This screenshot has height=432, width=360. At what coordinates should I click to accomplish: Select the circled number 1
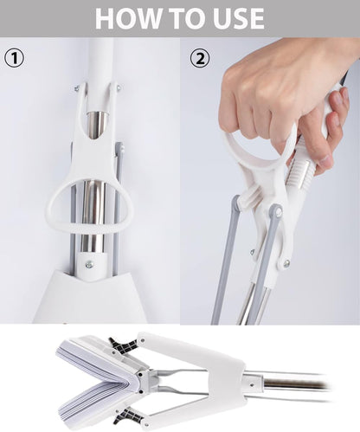coord(15,58)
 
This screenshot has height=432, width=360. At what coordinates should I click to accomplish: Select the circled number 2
coord(200,58)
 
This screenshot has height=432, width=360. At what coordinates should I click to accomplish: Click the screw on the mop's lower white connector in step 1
coord(90,264)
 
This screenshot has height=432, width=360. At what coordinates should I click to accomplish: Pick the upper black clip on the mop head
coord(123,345)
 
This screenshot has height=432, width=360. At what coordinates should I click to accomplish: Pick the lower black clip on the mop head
coord(127,415)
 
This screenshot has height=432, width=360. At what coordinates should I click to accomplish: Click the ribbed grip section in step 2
coord(301,176)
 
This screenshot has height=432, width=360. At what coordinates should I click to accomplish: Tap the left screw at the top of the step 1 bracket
coord(77,88)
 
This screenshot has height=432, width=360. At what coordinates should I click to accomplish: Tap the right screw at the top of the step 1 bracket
coord(119,87)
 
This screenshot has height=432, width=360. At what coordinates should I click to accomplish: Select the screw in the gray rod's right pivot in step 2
coord(279,212)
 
